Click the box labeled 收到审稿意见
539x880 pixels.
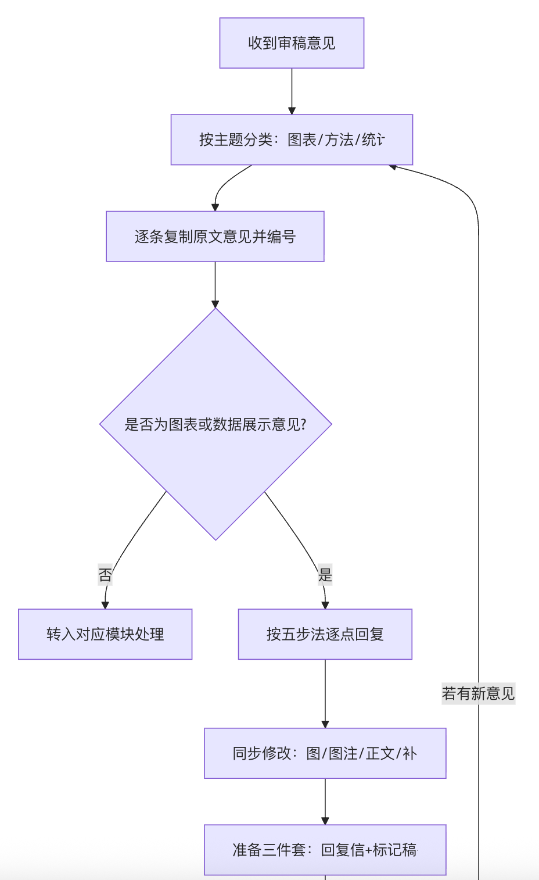[292, 43]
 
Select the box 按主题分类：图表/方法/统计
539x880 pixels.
[292, 139]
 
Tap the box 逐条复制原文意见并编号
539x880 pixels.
[215, 237]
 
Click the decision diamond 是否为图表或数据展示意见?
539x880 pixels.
[215, 424]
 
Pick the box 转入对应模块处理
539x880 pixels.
[105, 634]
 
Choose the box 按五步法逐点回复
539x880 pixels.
[325, 634]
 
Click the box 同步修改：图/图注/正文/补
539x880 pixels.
[325, 753]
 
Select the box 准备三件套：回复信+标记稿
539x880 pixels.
[325, 850]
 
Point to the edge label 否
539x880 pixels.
[105, 575]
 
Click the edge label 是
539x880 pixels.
[325, 575]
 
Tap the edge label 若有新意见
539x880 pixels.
[478, 693]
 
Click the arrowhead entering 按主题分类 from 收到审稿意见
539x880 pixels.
[292, 110]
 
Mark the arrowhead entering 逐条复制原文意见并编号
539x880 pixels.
[215, 207]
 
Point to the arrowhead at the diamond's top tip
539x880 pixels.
[215, 303]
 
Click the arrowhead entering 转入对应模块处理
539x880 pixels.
[105, 605]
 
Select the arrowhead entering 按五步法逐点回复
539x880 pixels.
[325, 605]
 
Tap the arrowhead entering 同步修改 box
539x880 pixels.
[325, 724]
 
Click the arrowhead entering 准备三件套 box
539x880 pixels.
[325, 821]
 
